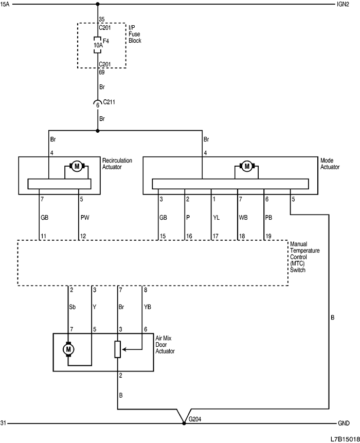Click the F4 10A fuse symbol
[97, 45]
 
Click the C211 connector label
[109, 102]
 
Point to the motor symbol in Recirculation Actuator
[77, 166]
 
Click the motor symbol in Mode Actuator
[247, 166]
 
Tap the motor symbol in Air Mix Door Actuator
[68, 350]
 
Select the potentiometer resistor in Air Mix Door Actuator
[118, 349]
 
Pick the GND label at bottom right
[344, 423]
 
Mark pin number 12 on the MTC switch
[82, 236]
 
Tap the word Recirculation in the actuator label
[117, 161]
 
